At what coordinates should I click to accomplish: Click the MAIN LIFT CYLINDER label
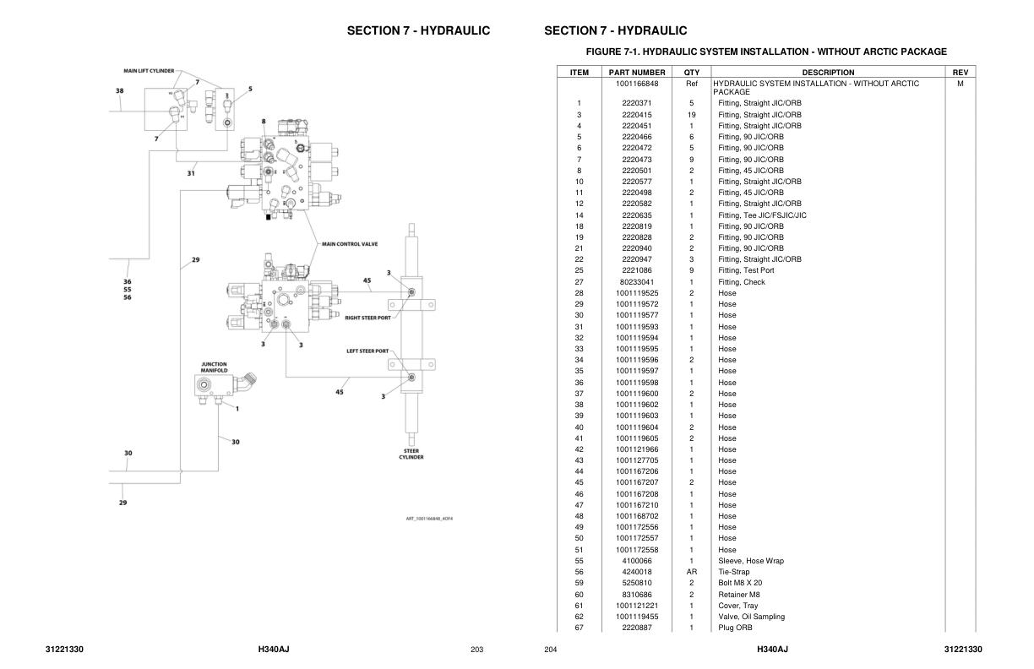click(149, 71)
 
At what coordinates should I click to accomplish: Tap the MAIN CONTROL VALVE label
click(350, 244)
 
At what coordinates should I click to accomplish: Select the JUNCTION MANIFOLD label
click(215, 367)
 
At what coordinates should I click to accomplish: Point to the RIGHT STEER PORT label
click(368, 318)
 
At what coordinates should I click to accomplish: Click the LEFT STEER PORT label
click(367, 351)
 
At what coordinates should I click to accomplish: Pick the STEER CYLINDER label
click(411, 454)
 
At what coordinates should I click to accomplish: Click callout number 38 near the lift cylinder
click(120, 91)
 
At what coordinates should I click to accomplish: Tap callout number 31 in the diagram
click(191, 174)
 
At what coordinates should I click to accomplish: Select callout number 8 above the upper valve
click(264, 122)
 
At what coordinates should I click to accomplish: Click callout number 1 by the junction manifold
click(237, 409)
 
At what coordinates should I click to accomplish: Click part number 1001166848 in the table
click(637, 84)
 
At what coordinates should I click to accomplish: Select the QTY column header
click(692, 73)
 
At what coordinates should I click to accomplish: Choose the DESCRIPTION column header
click(828, 73)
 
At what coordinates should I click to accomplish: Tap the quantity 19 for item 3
click(692, 115)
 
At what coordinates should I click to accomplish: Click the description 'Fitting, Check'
click(742, 282)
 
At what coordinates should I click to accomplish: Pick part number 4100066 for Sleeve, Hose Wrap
click(637, 561)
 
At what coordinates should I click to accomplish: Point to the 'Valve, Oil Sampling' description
click(751, 617)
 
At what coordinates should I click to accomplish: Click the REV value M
click(961, 84)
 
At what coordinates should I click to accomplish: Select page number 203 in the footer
click(476, 650)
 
